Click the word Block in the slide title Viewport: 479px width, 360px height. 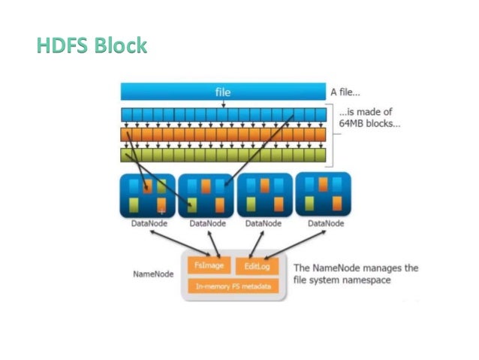120,46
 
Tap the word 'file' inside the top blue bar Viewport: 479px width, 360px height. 224,92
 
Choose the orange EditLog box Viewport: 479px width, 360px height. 258,266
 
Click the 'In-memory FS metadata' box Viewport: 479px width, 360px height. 233,286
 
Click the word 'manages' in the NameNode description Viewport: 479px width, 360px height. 382,268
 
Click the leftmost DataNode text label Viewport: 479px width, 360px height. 148,223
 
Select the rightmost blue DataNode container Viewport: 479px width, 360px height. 324,195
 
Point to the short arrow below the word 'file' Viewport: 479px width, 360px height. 224,104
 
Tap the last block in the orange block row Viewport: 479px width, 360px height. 324,135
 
